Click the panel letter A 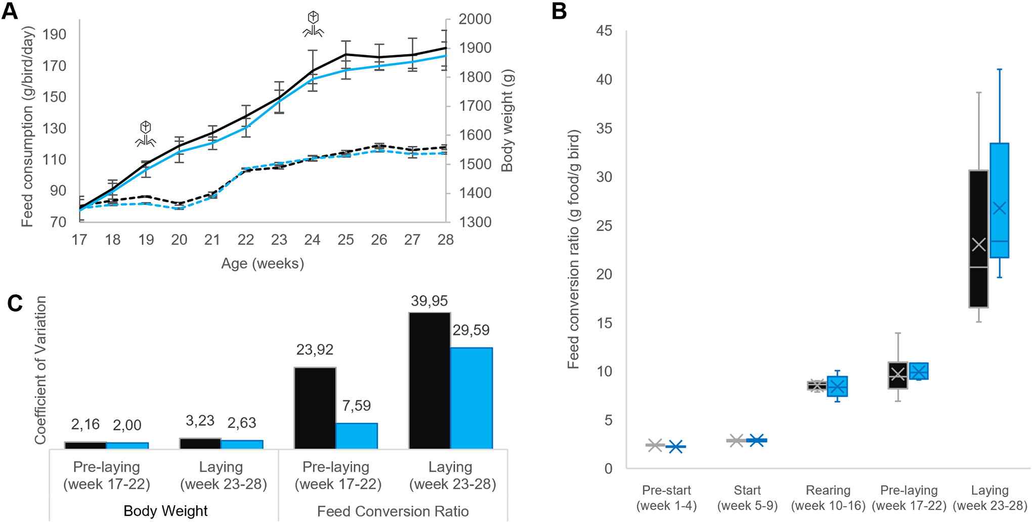10,11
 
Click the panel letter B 559,11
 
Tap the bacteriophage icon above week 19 145,134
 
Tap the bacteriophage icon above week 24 313,24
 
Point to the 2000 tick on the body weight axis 475,19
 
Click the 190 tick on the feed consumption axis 54,34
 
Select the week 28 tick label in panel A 445,240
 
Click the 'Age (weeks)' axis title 263,264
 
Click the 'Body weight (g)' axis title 507,121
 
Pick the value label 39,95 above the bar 429,301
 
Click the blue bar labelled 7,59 357,436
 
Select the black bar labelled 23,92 315,408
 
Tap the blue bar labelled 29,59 471,398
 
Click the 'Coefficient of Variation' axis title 40,370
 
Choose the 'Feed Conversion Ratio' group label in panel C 393,511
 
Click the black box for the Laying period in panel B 979,239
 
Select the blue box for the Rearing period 837,386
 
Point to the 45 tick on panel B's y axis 604,31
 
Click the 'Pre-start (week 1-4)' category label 666,498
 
